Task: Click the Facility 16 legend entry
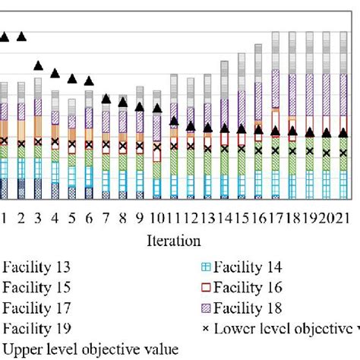241,288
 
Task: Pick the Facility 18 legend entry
241,308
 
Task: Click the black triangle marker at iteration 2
21,36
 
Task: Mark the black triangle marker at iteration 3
38,65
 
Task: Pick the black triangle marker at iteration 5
72,77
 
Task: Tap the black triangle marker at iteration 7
106,99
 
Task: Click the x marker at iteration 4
55,141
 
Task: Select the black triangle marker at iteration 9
140,106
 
